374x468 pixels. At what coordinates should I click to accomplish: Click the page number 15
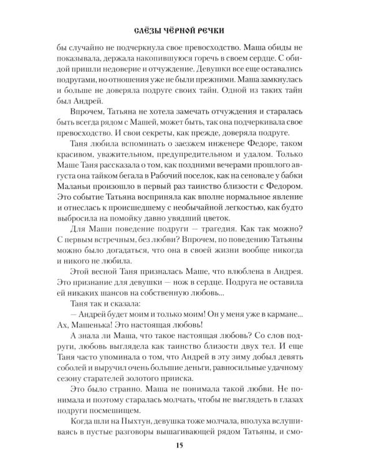(187, 444)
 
